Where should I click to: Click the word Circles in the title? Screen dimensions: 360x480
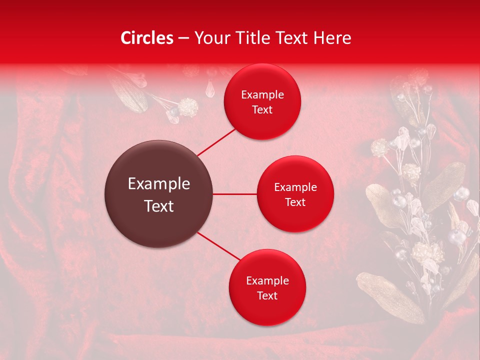(x=147, y=38)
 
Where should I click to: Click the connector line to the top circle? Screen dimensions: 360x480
(x=216, y=141)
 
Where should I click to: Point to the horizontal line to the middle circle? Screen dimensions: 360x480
(x=234, y=194)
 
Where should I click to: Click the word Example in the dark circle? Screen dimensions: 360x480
(x=159, y=184)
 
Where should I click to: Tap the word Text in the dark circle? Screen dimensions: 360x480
(x=159, y=206)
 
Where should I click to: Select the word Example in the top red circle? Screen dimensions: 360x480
(x=262, y=95)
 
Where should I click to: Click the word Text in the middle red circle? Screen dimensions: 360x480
(x=295, y=202)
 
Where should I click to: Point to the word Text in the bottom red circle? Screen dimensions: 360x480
(x=267, y=296)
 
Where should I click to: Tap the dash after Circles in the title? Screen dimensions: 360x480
(x=183, y=38)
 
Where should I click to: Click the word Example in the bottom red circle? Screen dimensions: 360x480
(x=267, y=281)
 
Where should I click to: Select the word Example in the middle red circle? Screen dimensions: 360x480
(x=295, y=187)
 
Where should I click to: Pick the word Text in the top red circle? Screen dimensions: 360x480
(x=262, y=110)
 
